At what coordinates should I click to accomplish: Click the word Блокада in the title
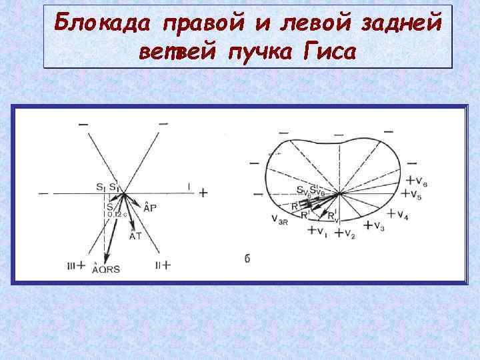[102, 24]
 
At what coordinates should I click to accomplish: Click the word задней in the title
[401, 24]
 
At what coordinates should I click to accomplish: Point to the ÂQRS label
[107, 269]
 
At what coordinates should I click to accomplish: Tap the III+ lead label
[76, 265]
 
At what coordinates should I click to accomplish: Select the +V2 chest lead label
[345, 233]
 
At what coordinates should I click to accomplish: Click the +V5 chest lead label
[413, 195]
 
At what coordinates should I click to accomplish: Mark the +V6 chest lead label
[416, 181]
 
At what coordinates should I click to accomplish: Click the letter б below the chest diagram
[247, 259]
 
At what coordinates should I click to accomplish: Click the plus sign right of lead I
[203, 193]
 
